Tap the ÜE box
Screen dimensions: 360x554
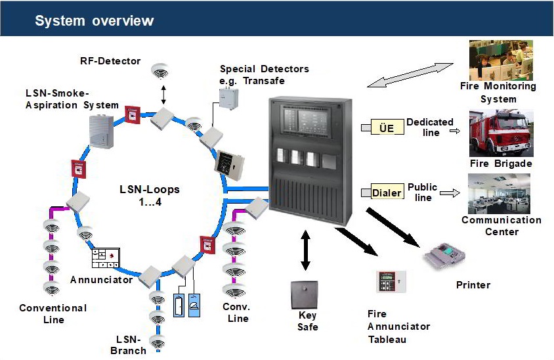[387, 128]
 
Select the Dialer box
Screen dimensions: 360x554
[387, 193]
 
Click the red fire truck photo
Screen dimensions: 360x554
[501, 133]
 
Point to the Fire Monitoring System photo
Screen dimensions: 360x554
[501, 60]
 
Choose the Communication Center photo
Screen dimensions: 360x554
[500, 194]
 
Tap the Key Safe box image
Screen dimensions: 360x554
[304, 295]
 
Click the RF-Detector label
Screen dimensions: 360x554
[110, 61]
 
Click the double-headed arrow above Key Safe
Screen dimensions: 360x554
[305, 249]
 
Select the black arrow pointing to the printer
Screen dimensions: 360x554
[392, 227]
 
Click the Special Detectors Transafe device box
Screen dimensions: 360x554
[229, 97]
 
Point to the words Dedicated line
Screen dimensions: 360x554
[431, 127]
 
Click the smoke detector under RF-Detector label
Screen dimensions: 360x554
[159, 70]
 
